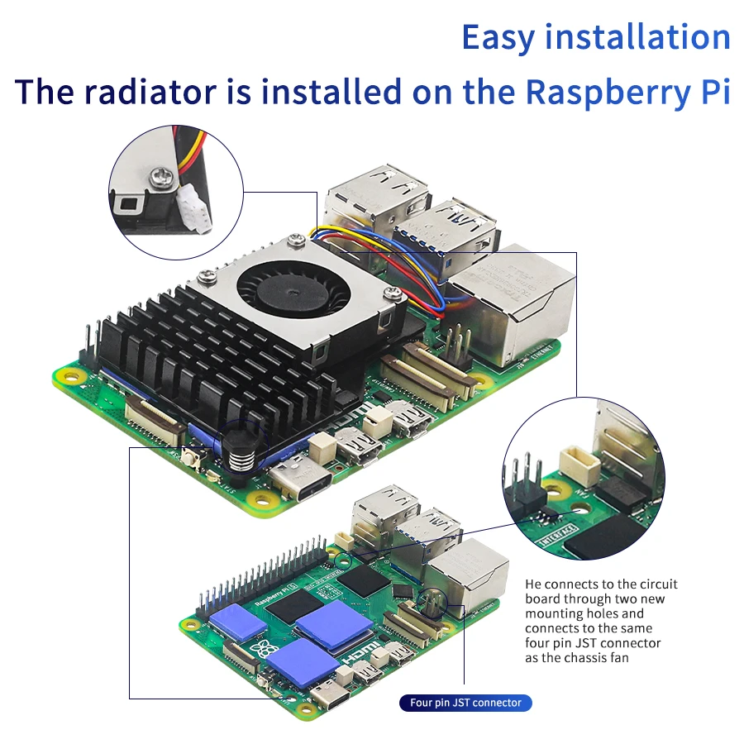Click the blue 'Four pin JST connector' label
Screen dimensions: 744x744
pyautogui.click(x=465, y=703)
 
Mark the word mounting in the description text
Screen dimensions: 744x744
pyautogui.click(x=556, y=613)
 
